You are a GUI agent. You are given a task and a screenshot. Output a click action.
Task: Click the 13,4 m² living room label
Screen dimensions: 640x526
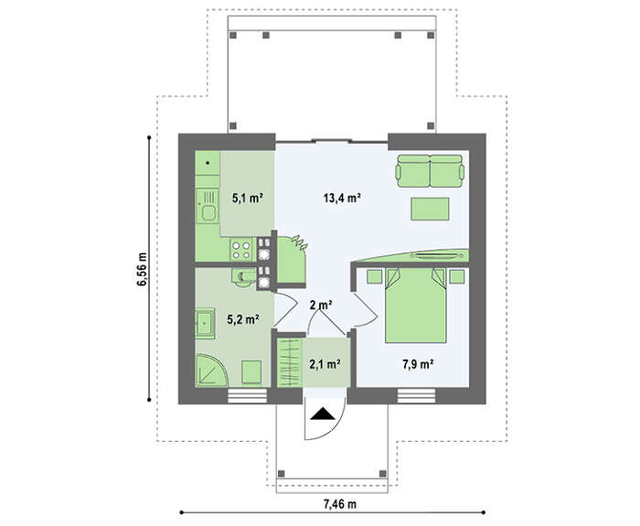(x=342, y=199)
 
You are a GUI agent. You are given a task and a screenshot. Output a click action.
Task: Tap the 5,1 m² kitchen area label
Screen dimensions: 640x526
(x=248, y=199)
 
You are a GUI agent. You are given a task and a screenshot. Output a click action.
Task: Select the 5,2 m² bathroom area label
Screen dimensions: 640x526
(x=244, y=319)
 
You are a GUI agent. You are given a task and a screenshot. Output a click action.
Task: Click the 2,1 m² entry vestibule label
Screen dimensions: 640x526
(x=325, y=363)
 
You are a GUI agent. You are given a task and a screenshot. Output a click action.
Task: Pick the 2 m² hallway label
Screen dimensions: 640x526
(x=321, y=305)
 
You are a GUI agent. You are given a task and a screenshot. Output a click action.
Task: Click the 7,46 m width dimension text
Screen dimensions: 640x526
(x=340, y=504)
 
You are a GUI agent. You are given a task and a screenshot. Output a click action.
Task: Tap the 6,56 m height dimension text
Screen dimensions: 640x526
(x=143, y=269)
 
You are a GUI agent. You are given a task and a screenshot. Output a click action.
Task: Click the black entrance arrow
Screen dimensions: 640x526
(x=323, y=413)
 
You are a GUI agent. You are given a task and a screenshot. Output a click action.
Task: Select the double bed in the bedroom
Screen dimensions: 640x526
(x=416, y=305)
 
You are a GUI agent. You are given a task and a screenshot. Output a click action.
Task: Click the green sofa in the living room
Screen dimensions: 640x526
(x=431, y=171)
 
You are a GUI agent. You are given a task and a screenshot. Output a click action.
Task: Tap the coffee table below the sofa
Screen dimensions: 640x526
(x=430, y=209)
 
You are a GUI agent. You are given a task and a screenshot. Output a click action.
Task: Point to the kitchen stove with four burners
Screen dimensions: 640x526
(x=240, y=250)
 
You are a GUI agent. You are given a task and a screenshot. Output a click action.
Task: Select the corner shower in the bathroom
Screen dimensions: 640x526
(x=210, y=370)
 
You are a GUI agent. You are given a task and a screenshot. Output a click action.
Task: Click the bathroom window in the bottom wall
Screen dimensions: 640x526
(x=247, y=396)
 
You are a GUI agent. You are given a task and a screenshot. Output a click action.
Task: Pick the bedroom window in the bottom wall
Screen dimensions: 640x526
(x=417, y=396)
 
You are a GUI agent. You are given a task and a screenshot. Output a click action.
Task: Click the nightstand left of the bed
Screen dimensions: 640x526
(x=374, y=276)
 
